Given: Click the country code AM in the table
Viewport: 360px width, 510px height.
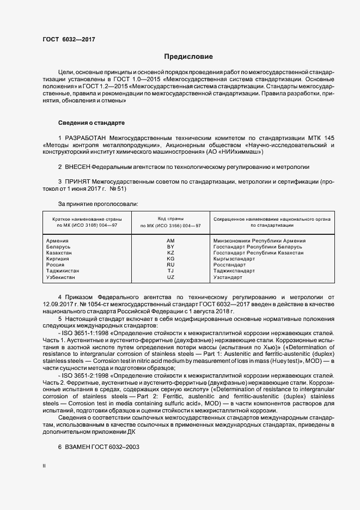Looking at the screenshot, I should click(x=170, y=240).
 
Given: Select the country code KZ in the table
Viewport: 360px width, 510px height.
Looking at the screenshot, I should click(x=170, y=253).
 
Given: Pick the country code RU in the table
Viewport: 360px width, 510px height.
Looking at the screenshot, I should click(x=170, y=265).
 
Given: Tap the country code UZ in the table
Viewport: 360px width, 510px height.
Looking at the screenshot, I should click(x=170, y=277).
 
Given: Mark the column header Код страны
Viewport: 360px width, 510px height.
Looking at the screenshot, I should click(x=170, y=218).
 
